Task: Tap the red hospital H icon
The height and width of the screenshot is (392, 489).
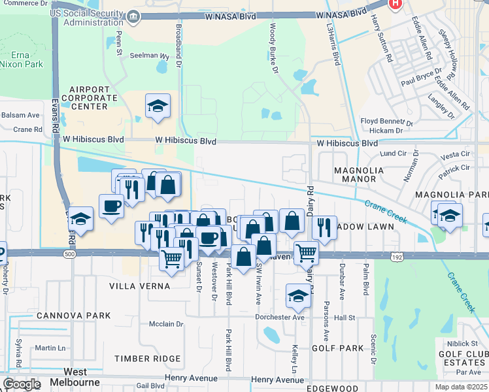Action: (395, 5)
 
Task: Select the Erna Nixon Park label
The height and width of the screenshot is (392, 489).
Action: (26, 59)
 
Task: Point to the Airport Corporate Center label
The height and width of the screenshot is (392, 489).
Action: (90, 97)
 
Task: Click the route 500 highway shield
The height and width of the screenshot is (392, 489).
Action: (69, 253)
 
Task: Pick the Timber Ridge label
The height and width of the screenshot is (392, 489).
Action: (147, 359)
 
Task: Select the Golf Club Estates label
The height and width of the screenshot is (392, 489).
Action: (464, 358)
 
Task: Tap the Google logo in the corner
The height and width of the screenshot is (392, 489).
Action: (22, 384)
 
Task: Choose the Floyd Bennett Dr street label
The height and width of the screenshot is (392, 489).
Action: (387, 122)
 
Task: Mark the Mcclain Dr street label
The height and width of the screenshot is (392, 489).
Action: (165, 323)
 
